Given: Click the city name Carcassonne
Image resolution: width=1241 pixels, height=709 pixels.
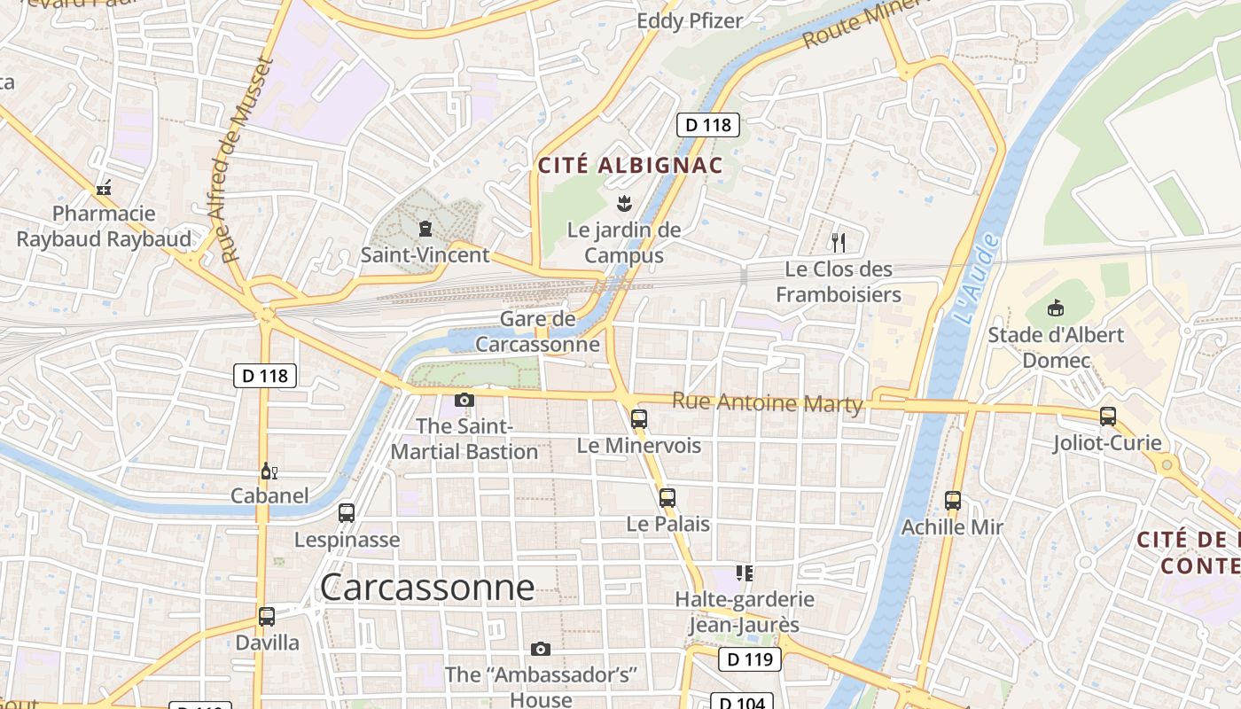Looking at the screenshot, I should (x=427, y=587).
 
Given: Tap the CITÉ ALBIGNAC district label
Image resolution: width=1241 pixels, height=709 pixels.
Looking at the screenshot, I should (x=630, y=165).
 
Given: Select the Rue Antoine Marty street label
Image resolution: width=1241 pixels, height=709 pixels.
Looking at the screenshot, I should (x=767, y=402).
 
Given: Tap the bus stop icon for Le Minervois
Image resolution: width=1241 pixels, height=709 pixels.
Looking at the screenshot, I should (x=639, y=419).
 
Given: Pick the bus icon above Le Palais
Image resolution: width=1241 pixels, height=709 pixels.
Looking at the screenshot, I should (x=667, y=498).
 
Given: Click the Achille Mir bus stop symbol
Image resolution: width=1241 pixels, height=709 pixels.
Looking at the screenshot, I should (x=953, y=501).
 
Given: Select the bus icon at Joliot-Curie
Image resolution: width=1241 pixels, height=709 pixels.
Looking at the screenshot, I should (x=1107, y=416).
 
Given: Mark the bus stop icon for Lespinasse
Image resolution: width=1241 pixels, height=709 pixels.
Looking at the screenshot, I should (x=347, y=513).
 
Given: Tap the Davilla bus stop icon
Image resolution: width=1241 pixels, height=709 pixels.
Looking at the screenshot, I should (x=267, y=616).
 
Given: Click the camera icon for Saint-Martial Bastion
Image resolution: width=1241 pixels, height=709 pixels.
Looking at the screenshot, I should (x=464, y=400).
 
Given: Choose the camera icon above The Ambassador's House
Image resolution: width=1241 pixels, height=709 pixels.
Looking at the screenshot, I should (x=541, y=650).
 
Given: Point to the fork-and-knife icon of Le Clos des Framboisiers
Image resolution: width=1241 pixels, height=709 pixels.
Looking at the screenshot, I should (x=839, y=242).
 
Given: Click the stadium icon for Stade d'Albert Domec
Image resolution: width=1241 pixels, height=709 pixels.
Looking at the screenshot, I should (x=1055, y=308).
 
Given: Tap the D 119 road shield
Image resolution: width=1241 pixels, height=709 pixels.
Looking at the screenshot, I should (x=749, y=659).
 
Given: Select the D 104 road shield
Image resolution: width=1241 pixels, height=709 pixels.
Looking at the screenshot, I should (x=742, y=702).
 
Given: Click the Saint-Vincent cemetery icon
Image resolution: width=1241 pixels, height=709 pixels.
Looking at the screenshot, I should (x=425, y=230).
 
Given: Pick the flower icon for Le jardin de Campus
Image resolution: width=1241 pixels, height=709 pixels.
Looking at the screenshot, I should (x=624, y=204).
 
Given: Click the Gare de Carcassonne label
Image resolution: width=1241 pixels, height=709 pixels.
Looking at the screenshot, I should (x=537, y=331).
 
